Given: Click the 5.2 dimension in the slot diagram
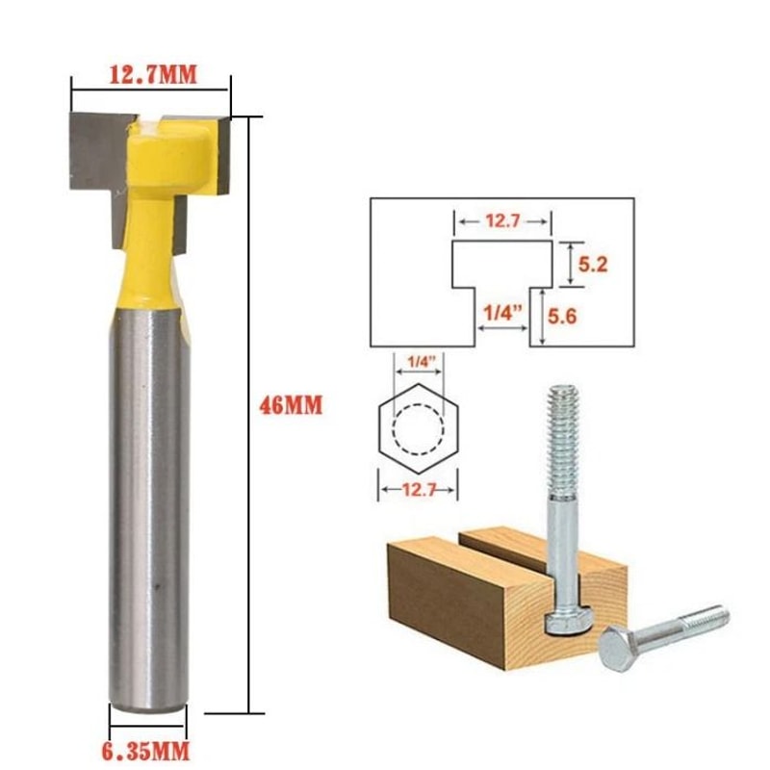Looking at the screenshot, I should [x=594, y=263].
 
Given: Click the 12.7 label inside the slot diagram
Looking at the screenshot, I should [x=501, y=221].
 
